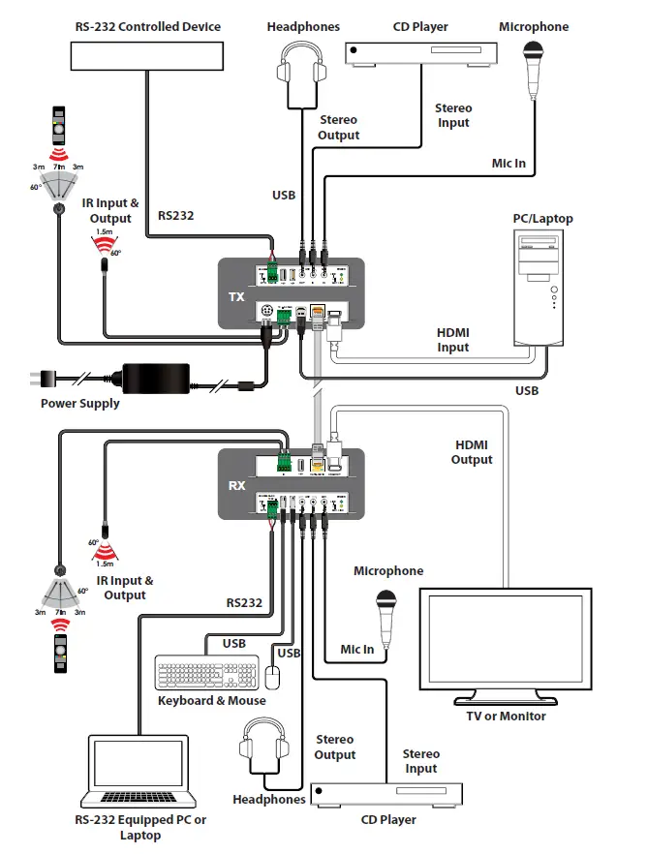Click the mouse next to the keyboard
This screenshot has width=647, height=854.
[x=273, y=679]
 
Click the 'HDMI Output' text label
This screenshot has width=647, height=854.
[x=472, y=452]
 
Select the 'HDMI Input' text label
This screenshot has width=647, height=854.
[x=452, y=340]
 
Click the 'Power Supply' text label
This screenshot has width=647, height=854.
[x=80, y=404]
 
